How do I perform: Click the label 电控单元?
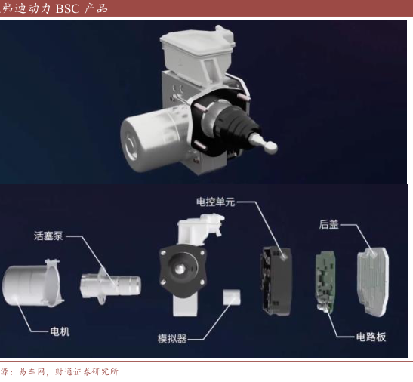(215, 202)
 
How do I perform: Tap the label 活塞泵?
(48, 236)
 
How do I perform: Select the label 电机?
(60, 331)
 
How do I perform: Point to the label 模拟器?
(172, 338)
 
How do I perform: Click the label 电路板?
(371, 337)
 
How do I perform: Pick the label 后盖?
(328, 224)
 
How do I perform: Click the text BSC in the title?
(67, 9)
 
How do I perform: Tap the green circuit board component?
(325, 282)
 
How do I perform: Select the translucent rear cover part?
(373, 282)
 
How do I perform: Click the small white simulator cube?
(232, 297)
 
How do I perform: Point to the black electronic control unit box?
(276, 282)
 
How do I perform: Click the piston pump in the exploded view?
(110, 285)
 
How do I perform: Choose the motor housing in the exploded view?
(33, 284)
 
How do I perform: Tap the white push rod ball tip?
(270, 146)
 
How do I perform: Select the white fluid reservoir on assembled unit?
(198, 53)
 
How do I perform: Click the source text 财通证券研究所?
(86, 371)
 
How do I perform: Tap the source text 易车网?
(31, 371)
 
